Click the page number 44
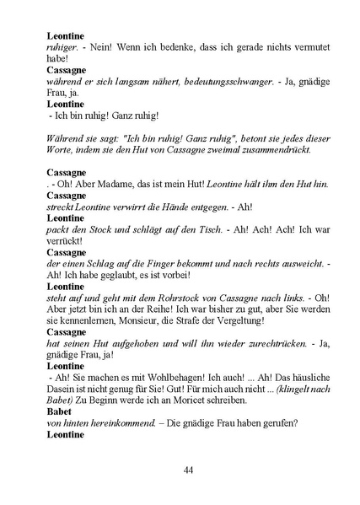189,470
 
